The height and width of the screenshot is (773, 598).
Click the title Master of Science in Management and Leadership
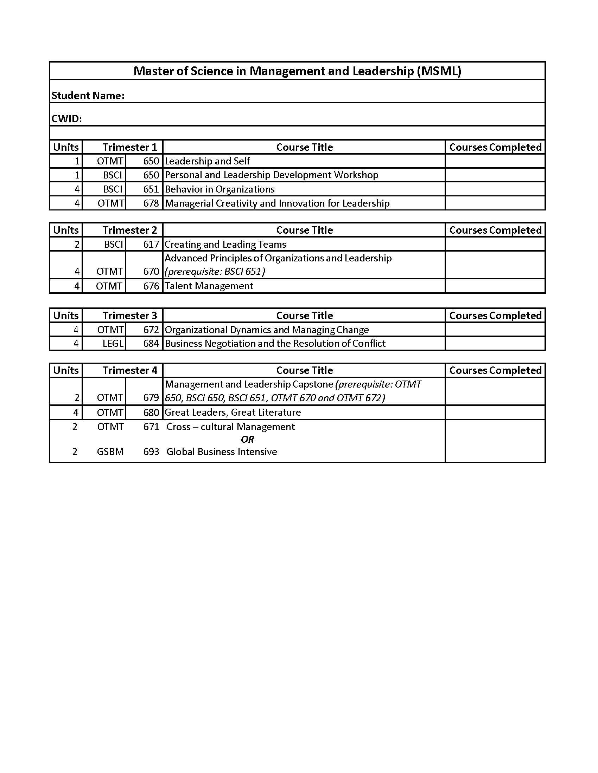coord(297,71)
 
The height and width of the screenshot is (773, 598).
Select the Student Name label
coord(88,96)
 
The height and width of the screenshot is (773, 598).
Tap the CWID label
coord(66,119)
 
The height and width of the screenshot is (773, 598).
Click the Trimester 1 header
coord(129,147)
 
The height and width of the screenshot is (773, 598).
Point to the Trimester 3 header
coord(129,316)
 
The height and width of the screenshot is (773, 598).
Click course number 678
coord(151,203)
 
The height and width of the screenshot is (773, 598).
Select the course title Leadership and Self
coord(207,161)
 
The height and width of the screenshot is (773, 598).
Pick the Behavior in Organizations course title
coord(220,189)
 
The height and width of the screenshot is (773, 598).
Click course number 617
coord(151,244)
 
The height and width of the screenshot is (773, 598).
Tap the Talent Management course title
coord(209,286)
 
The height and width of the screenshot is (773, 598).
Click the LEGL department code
coord(113,343)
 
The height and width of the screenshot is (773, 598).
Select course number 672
coord(151,330)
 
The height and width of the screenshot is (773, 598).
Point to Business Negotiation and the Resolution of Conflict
coord(275,343)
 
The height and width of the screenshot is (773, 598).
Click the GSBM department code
coord(110,452)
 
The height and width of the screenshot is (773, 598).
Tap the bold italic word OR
coord(247,439)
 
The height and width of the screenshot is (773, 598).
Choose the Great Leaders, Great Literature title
coord(233,413)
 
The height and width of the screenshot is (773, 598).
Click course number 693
coord(151,452)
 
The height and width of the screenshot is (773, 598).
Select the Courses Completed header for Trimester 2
coord(495,230)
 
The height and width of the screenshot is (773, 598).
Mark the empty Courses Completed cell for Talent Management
coord(495,286)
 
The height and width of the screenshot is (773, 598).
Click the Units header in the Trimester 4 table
coord(66,370)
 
